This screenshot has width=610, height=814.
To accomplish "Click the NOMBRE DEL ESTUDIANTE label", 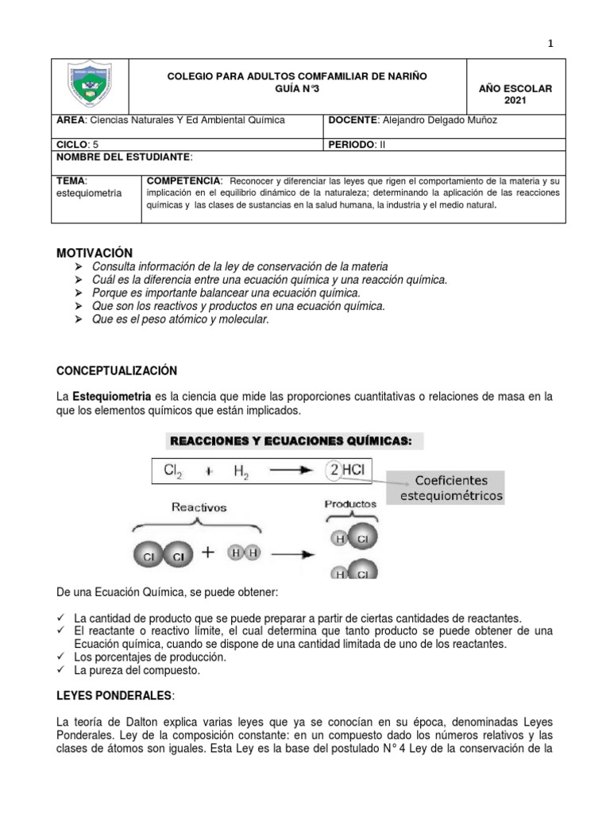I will pos(124,157).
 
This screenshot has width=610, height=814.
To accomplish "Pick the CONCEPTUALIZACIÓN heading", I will pos(116,371).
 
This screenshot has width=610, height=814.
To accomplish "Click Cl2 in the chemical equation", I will pos(175,471).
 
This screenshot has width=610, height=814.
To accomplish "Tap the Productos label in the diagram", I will pos(349,504).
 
